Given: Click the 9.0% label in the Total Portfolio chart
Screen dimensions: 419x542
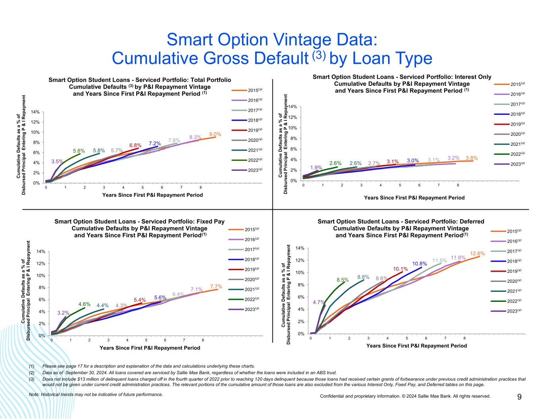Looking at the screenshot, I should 215,134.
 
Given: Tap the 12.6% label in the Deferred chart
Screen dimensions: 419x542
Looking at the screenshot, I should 478,253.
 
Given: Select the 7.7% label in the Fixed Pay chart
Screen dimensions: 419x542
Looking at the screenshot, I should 216,286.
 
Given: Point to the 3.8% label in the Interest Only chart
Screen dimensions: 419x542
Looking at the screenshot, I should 471,158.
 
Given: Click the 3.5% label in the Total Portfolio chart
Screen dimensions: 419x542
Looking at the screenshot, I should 57,161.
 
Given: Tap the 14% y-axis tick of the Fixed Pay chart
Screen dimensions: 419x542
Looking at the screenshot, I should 41,251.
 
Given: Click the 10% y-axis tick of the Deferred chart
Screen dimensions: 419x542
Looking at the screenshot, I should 300,272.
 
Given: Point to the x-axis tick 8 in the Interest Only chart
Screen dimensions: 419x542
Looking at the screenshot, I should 458,185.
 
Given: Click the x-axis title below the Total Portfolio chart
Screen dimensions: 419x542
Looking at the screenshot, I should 152,195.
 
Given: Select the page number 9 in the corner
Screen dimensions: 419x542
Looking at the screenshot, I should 519,397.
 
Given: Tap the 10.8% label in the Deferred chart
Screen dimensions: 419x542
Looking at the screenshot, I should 419,264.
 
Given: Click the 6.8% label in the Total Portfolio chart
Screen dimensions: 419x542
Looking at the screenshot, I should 135,145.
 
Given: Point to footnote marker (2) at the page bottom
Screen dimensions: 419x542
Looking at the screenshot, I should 32,373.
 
